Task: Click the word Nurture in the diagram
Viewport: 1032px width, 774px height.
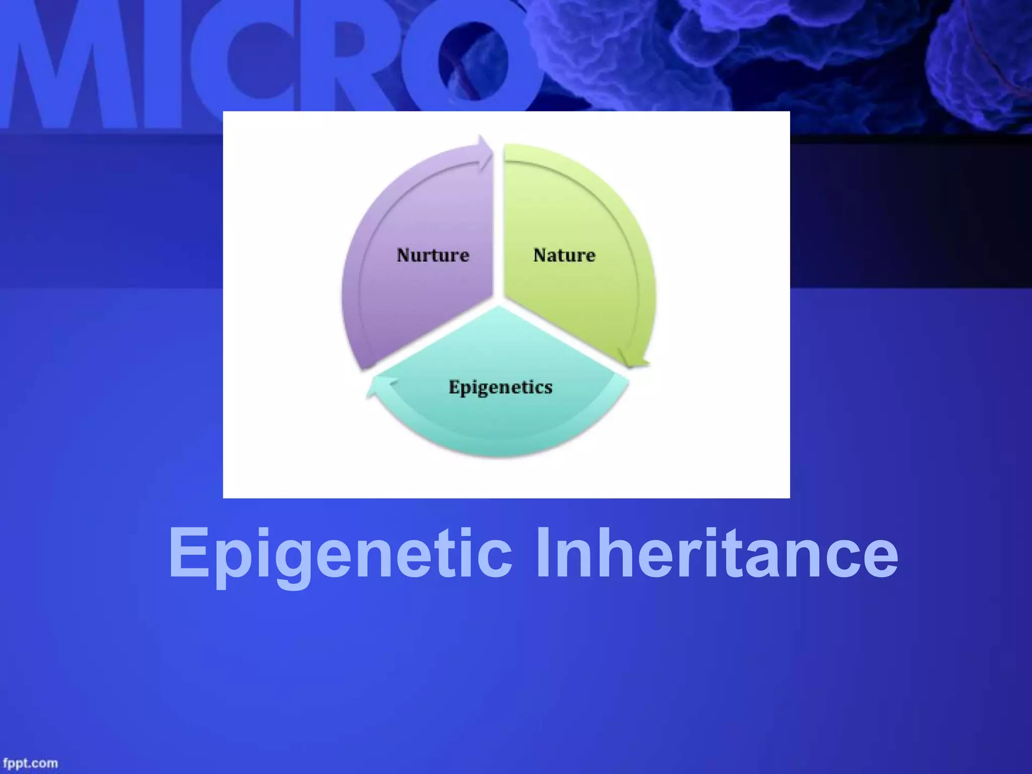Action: [433, 255]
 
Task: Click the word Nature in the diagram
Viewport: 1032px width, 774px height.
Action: [564, 255]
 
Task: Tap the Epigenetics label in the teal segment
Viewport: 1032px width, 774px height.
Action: [500, 387]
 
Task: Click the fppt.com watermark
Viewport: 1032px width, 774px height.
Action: [30, 763]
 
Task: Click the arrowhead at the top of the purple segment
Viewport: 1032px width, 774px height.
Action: [485, 151]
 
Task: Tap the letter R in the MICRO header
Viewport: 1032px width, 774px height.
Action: [353, 66]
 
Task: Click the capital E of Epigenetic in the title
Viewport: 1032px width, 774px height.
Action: [188, 553]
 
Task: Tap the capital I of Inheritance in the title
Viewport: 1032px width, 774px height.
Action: [543, 552]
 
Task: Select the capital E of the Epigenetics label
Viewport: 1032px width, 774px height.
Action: [454, 387]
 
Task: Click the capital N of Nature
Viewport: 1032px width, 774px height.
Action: [541, 255]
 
